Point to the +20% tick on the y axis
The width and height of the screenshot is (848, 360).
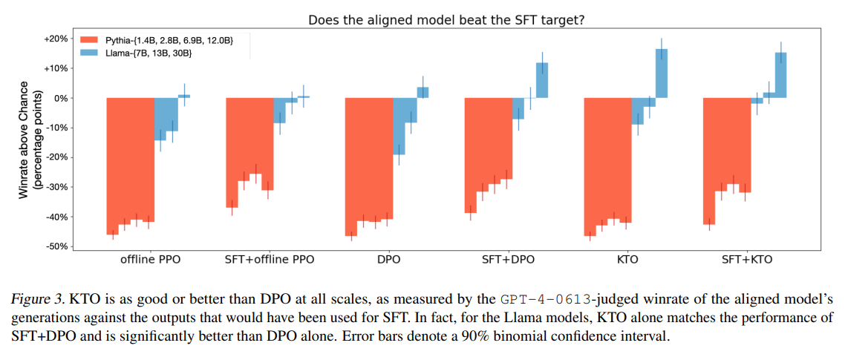54,39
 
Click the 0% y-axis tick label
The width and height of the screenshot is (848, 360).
59,99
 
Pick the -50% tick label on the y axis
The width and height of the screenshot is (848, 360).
55,246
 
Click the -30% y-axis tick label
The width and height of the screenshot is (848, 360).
55,187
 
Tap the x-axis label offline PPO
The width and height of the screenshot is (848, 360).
150,260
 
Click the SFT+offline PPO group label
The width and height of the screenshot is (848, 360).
269,260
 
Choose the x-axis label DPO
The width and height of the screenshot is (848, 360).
389,260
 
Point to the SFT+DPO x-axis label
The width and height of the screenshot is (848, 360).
508,260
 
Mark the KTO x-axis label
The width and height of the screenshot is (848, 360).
627,260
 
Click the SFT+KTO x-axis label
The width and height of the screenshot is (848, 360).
746,260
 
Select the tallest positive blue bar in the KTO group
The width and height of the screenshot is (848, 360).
662,73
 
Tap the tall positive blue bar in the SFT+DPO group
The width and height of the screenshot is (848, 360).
542,81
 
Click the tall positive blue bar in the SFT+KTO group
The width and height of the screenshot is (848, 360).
780,75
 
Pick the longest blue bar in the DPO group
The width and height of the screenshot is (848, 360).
399,126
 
